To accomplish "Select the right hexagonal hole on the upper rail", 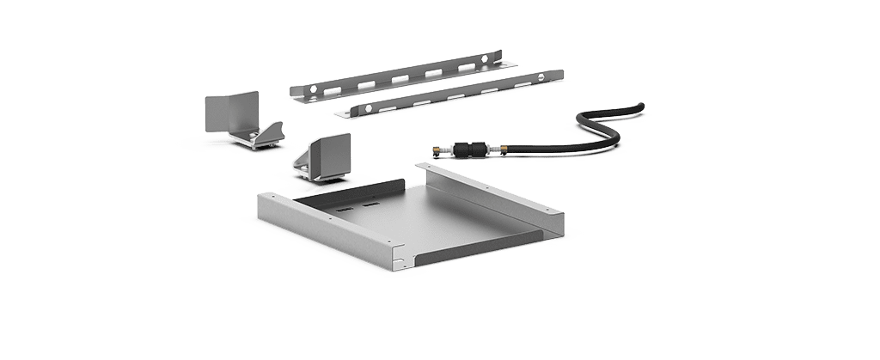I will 485,59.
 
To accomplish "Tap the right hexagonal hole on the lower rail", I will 540,77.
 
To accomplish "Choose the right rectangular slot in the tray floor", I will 371,205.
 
